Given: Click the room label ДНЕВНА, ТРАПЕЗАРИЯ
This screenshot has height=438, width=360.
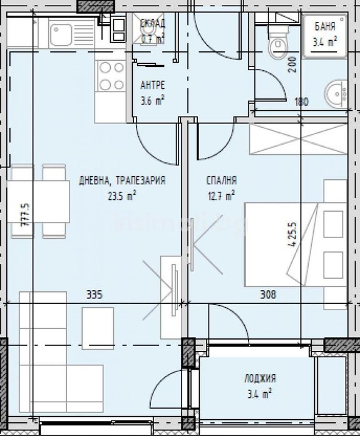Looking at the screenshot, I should point(122,180).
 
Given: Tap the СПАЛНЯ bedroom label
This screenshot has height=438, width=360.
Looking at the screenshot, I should point(221,180).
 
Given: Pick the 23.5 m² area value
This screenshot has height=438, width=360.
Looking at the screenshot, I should point(122,194).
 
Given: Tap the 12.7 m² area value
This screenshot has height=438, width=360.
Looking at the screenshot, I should point(221,194).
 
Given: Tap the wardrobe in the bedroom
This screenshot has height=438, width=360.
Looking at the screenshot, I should point(298,138).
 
